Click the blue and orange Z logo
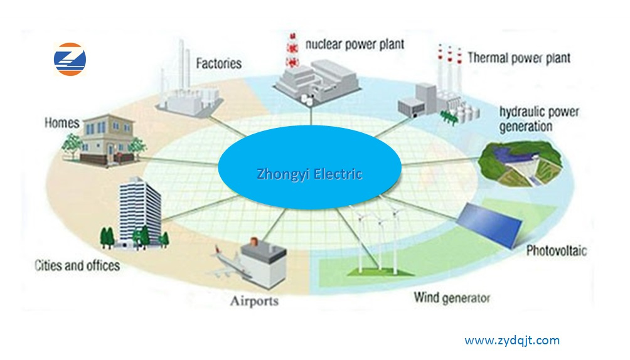coord(70,59)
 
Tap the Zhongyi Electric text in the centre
coord(309,174)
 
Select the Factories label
coord(219,63)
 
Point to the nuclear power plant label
coord(355,45)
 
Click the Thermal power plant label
coord(519,58)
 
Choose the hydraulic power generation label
coord(539,119)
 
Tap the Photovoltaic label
coord(557,251)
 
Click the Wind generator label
coord(452,298)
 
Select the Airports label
coord(254,301)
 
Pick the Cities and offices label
coord(77,265)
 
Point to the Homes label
coord(62,123)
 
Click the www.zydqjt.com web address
coord(512,341)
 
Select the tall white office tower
coord(139,212)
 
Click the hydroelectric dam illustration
coord(520,164)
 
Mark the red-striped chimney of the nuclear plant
coord(293,50)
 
